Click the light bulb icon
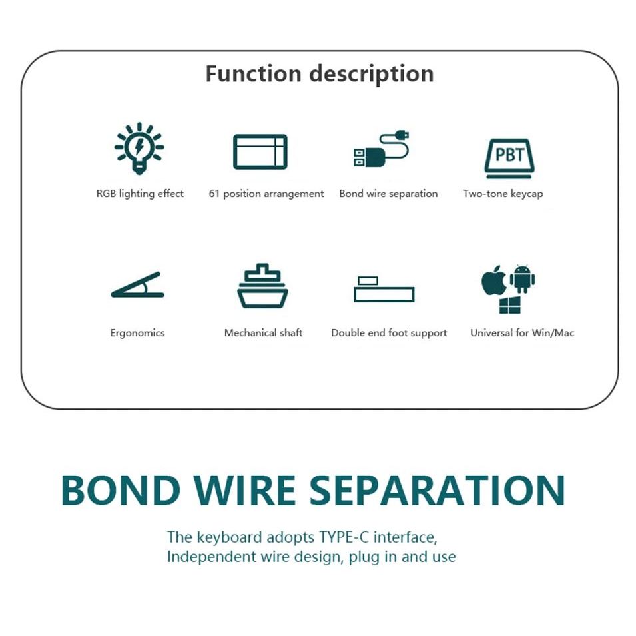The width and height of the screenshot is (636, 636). click(x=139, y=148)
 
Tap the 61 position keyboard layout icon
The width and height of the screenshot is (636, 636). click(x=260, y=152)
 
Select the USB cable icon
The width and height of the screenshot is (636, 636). click(x=381, y=149)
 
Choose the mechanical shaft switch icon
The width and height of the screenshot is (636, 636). click(x=262, y=286)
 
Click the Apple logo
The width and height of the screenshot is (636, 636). click(x=493, y=282)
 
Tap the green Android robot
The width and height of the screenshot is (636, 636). click(x=523, y=279)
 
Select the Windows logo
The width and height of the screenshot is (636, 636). click(x=510, y=306)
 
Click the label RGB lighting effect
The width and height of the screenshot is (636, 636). click(x=140, y=194)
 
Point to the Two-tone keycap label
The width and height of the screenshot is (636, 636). click(x=503, y=194)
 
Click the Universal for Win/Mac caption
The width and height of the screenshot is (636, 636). click(x=521, y=332)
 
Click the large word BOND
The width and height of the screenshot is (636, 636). click(x=120, y=490)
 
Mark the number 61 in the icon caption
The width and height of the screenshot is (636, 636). click(x=214, y=194)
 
